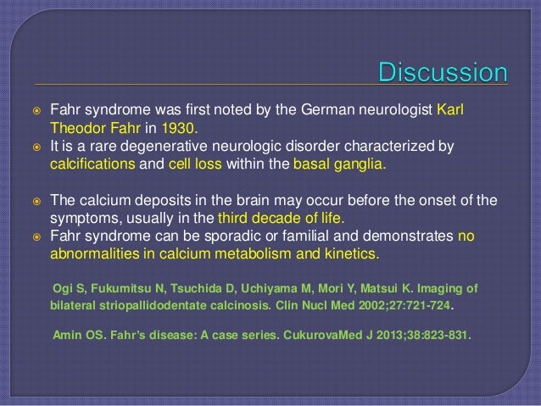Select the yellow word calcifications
point(89,164)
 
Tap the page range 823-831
point(443,334)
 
